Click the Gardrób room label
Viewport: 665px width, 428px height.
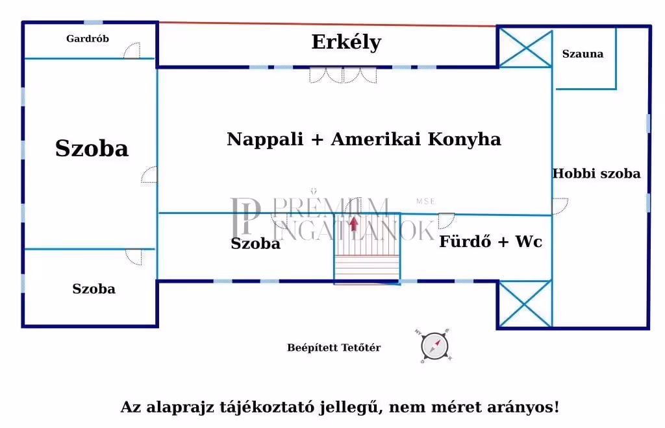[x=88, y=39]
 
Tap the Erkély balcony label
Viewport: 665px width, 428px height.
[x=346, y=42]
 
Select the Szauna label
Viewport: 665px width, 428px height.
[x=583, y=54]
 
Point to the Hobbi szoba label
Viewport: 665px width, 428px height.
[x=596, y=174]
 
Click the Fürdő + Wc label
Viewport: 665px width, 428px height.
[x=490, y=243]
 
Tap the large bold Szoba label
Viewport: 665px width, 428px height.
[x=92, y=149]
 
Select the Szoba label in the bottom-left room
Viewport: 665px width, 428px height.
[x=94, y=289]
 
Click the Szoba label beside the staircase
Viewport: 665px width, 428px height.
[x=255, y=244]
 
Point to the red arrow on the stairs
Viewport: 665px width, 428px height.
[x=353, y=224]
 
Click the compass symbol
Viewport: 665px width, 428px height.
[x=434, y=345]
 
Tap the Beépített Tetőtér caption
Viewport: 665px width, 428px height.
[x=334, y=348]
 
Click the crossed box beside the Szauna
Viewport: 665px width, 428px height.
[x=525, y=47]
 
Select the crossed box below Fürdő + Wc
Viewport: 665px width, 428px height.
[x=525, y=303]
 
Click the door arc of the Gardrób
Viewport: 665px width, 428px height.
[x=132, y=51]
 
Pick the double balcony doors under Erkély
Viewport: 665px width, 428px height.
[x=343, y=75]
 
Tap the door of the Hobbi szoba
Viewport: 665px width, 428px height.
[x=559, y=206]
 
